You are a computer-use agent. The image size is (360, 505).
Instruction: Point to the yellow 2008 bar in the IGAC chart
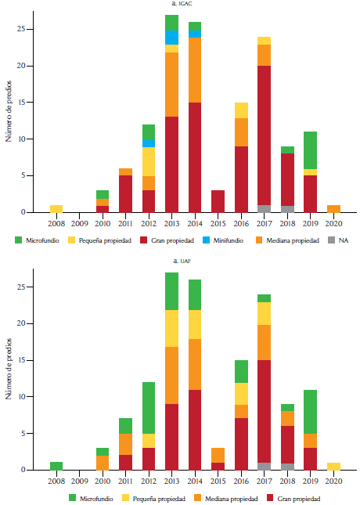[x=56, y=208]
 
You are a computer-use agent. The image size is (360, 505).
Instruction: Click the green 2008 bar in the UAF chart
[x=56, y=466]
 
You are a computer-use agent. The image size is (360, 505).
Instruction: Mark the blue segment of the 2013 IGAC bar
[x=171, y=38]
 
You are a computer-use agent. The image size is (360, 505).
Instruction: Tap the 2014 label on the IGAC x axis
[x=194, y=222]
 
